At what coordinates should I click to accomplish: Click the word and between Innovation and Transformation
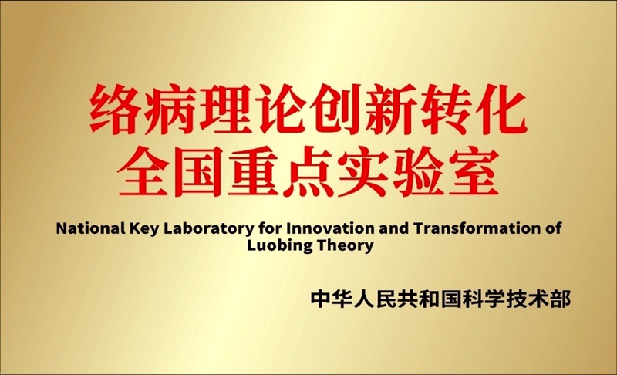[383, 229]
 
